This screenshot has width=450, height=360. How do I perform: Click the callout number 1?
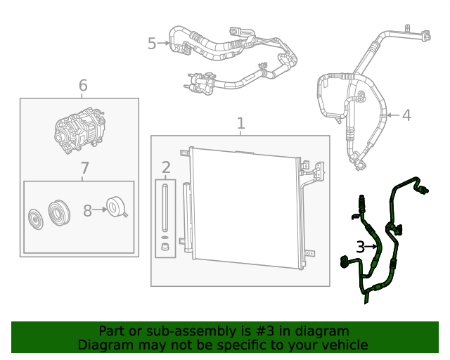point(240,124)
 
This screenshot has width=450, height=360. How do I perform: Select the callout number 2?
point(166,167)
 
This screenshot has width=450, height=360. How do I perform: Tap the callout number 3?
point(360,247)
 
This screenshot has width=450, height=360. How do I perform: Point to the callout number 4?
point(406,115)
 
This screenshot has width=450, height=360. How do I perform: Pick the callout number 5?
point(152,44)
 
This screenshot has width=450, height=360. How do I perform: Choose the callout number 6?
point(83,86)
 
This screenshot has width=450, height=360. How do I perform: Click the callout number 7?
point(84,169)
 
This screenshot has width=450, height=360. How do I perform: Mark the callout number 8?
point(88,210)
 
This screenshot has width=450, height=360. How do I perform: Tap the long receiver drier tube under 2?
point(165,207)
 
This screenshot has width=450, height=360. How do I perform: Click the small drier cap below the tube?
point(165,246)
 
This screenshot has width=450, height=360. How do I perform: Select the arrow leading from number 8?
point(100,209)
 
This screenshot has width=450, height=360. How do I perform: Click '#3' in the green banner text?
point(242,330)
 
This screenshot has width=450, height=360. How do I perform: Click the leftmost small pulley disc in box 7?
point(34,218)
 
